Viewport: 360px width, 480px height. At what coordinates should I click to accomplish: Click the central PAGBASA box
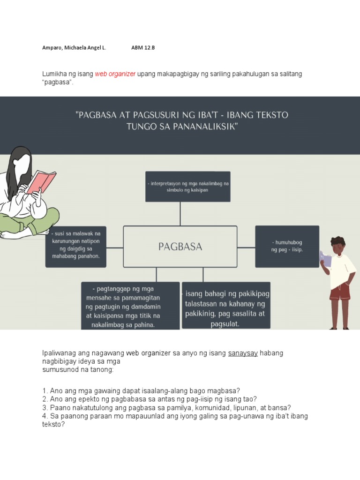[x=180, y=247]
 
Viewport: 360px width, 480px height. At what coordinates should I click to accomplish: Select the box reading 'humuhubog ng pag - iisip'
[x=287, y=246]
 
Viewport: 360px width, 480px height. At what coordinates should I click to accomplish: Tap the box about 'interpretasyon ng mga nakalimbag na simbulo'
[x=187, y=187]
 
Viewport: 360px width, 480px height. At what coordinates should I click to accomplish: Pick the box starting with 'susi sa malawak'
[x=76, y=247]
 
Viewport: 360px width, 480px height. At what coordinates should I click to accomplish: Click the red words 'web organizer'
[x=115, y=74]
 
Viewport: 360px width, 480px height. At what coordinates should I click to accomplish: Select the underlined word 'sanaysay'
[x=243, y=353]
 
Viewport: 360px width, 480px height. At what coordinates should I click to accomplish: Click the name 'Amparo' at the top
[x=52, y=48]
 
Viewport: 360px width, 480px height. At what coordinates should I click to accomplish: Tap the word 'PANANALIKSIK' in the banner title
[x=205, y=127]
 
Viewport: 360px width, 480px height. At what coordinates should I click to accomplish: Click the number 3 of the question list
[x=45, y=408]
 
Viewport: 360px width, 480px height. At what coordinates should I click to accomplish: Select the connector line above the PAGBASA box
[x=180, y=214]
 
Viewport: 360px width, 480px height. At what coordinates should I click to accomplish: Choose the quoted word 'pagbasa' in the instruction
[x=58, y=82]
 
